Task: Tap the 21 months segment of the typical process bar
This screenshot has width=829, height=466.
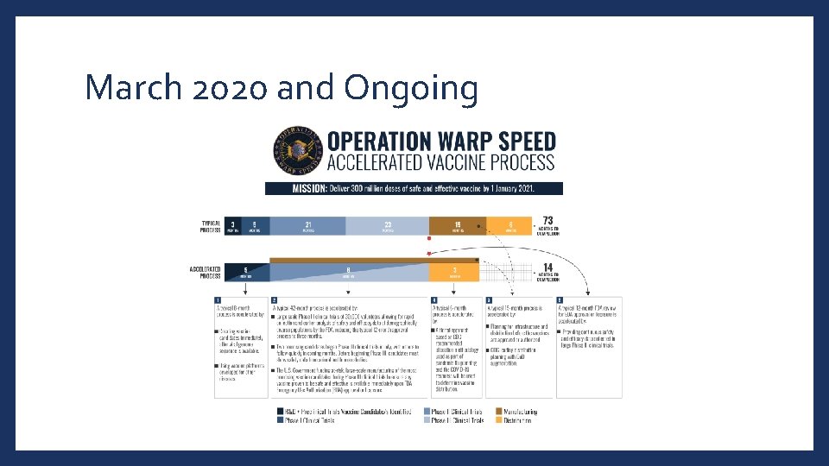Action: coord(307,226)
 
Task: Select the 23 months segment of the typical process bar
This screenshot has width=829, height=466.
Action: coord(388,226)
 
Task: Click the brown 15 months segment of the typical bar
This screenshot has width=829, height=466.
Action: coord(457,226)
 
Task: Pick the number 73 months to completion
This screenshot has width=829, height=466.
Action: coord(547,221)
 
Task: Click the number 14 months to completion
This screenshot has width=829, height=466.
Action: coord(547,268)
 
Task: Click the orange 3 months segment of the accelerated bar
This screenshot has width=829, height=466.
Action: coord(456,271)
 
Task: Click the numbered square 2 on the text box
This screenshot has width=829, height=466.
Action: coord(275,299)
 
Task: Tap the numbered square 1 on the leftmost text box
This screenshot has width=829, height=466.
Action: coord(218,299)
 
